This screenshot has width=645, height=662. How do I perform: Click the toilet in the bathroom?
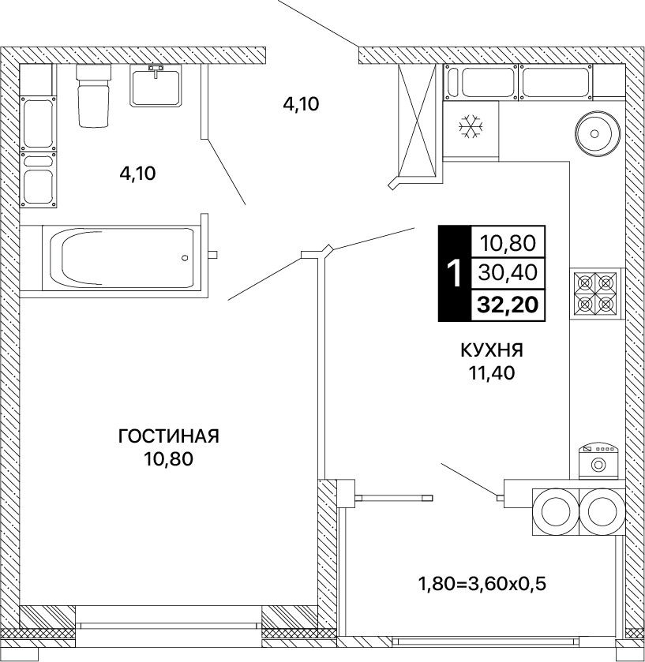tap(93, 95)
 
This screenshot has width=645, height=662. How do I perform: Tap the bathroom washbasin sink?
tap(156, 87)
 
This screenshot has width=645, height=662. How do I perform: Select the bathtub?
tap(122, 258)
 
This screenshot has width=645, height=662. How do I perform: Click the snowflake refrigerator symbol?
tap(471, 126)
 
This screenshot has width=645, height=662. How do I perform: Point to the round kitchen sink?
tap(597, 134)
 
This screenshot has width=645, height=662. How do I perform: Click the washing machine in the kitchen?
tap(598, 461)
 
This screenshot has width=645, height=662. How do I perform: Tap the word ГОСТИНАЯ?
tap(169, 436)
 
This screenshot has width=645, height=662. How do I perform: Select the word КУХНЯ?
tap(492, 350)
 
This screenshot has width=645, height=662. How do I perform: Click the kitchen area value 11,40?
tap(492, 372)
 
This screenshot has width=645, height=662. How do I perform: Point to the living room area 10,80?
tap(169, 459)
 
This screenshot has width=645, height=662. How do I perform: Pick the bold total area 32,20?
tap(508, 305)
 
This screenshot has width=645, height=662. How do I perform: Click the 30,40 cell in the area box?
tap(508, 273)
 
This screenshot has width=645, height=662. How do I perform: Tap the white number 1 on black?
tap(455, 273)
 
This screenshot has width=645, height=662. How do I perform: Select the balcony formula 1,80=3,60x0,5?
tap(482, 584)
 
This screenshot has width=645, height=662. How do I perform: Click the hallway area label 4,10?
tap(301, 104)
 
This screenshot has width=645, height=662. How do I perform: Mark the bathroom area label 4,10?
tap(137, 174)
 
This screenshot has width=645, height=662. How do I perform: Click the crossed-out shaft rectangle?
tap(418, 121)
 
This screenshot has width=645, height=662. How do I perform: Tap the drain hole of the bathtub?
tap(185, 258)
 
